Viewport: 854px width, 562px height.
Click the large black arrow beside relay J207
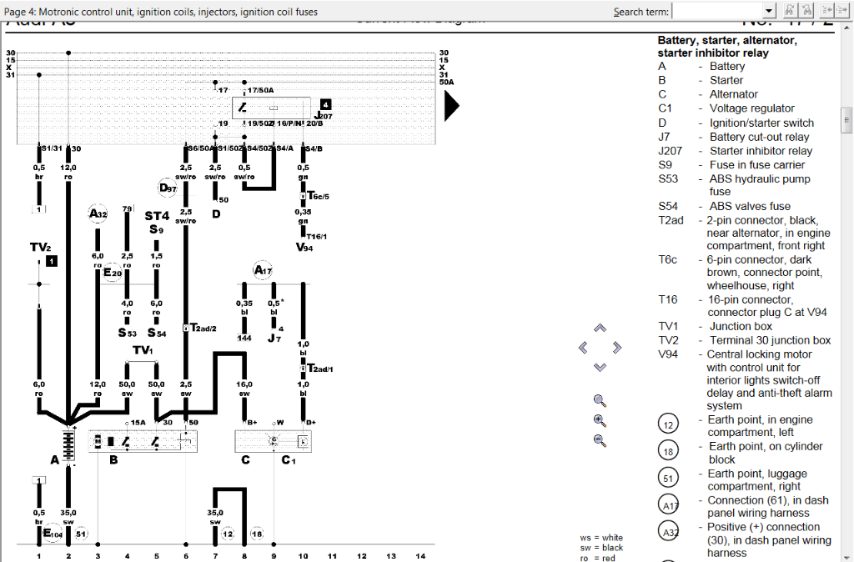[x=451, y=106]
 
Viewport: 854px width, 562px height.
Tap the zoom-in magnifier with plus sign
[x=599, y=420]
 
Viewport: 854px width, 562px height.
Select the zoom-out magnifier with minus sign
[x=599, y=440]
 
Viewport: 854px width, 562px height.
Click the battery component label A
[x=55, y=459]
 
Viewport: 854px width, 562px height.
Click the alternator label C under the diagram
[x=245, y=459]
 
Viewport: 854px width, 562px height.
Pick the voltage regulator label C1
[x=289, y=459]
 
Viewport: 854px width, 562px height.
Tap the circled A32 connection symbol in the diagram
[x=98, y=214]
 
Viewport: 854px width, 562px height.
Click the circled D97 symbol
[x=168, y=188]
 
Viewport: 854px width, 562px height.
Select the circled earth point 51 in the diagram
[x=81, y=534]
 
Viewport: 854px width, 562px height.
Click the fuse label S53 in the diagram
[x=127, y=333]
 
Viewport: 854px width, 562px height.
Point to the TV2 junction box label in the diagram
[x=41, y=248]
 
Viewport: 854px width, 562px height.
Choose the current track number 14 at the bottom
[x=420, y=555]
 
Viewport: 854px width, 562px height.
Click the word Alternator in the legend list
[x=733, y=94]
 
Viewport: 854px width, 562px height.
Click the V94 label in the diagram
[x=304, y=248]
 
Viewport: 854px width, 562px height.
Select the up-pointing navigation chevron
[x=599, y=329]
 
